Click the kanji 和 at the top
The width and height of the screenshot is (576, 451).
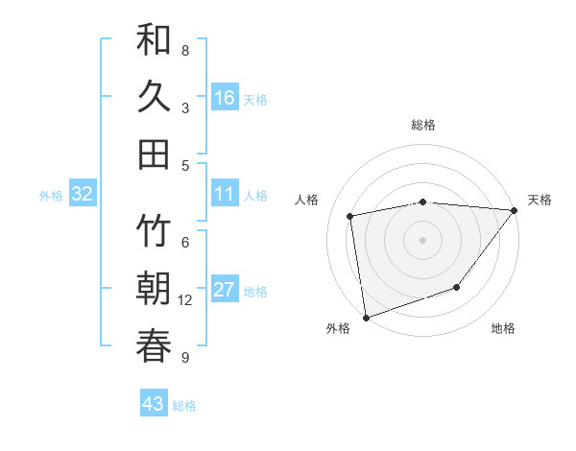[154, 40]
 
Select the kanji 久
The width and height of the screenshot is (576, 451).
[154, 97]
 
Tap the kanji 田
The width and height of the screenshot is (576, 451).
[154, 154]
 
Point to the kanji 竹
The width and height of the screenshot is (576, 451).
[154, 232]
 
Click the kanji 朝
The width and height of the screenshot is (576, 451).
[154, 289]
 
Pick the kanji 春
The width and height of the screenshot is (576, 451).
[154, 345]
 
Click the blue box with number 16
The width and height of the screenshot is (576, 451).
[225, 98]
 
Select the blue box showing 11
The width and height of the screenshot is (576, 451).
[225, 195]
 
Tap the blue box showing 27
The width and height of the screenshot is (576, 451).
[225, 291]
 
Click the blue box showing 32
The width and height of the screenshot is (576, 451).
[83, 195]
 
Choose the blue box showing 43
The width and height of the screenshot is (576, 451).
[153, 404]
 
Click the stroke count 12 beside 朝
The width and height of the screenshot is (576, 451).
[185, 300]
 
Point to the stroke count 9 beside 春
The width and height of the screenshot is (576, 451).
[184, 358]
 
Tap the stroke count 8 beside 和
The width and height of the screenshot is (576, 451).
[184, 51]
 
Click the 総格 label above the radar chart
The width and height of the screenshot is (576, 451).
[423, 125]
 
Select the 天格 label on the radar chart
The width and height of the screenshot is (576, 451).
[540, 200]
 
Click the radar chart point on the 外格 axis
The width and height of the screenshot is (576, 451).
[366, 317]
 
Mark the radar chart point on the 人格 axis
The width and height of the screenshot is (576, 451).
[350, 216]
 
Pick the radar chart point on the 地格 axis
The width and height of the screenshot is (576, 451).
[458, 287]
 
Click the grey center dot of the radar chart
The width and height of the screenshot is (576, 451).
[422, 239]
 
